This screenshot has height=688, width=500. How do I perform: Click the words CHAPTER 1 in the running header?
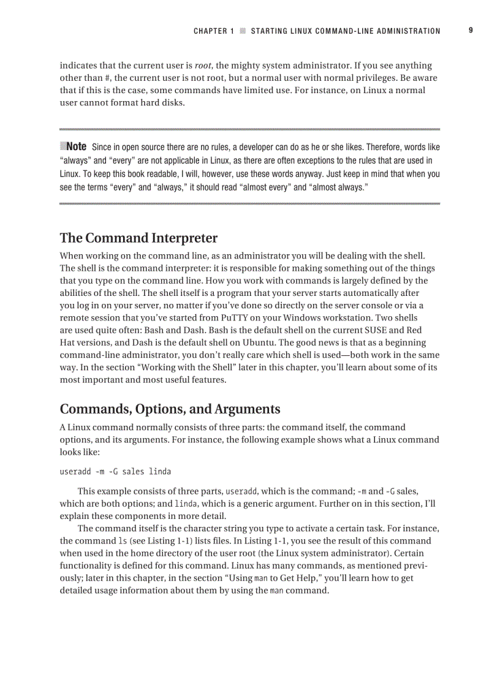tap(214, 31)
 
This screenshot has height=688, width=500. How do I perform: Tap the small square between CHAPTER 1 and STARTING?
tap(243, 31)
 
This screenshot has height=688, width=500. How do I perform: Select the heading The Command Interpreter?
tap(138, 238)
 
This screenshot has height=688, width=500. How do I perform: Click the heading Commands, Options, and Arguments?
tap(170, 409)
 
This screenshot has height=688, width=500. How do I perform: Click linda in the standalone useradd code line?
tap(159, 472)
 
